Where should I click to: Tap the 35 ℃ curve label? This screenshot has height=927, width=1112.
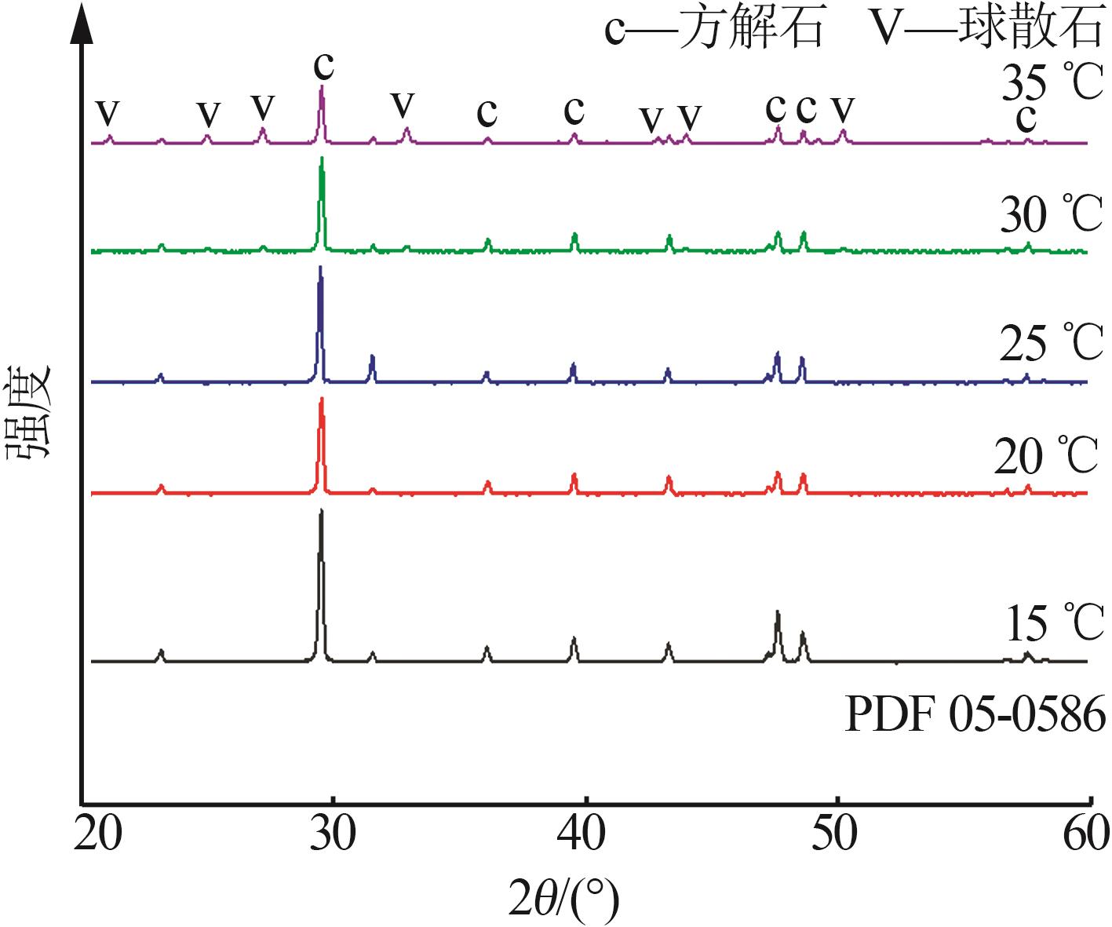(1052, 82)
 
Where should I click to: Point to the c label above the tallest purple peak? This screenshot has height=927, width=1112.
(324, 66)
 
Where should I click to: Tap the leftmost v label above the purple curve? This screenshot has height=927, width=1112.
(108, 114)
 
